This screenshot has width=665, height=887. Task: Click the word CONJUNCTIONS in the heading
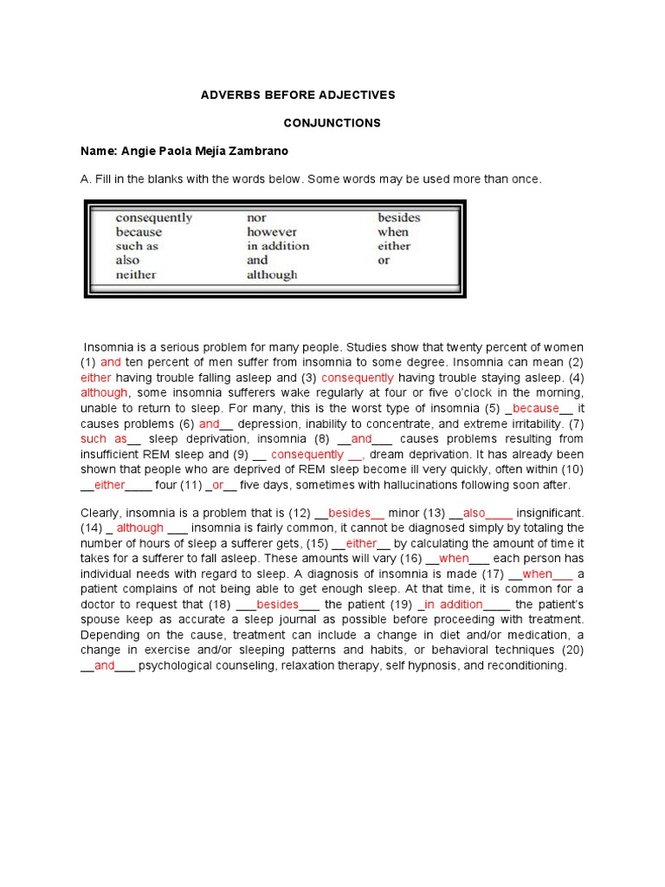click(x=332, y=123)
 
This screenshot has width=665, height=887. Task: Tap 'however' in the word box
click(x=272, y=232)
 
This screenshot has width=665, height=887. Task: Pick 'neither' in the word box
click(x=136, y=275)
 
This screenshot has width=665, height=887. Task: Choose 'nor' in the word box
click(x=257, y=218)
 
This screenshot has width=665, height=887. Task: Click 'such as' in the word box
click(x=137, y=246)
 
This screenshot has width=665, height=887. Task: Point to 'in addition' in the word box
click(x=278, y=246)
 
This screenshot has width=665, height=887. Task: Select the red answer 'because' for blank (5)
click(x=536, y=408)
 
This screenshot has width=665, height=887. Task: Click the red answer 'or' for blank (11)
click(x=218, y=485)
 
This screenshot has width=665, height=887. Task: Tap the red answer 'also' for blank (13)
click(x=475, y=513)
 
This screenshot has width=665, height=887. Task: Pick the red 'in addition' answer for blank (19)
click(x=453, y=604)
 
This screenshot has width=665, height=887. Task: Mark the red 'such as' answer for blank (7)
click(x=104, y=438)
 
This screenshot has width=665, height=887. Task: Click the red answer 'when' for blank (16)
click(x=453, y=558)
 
